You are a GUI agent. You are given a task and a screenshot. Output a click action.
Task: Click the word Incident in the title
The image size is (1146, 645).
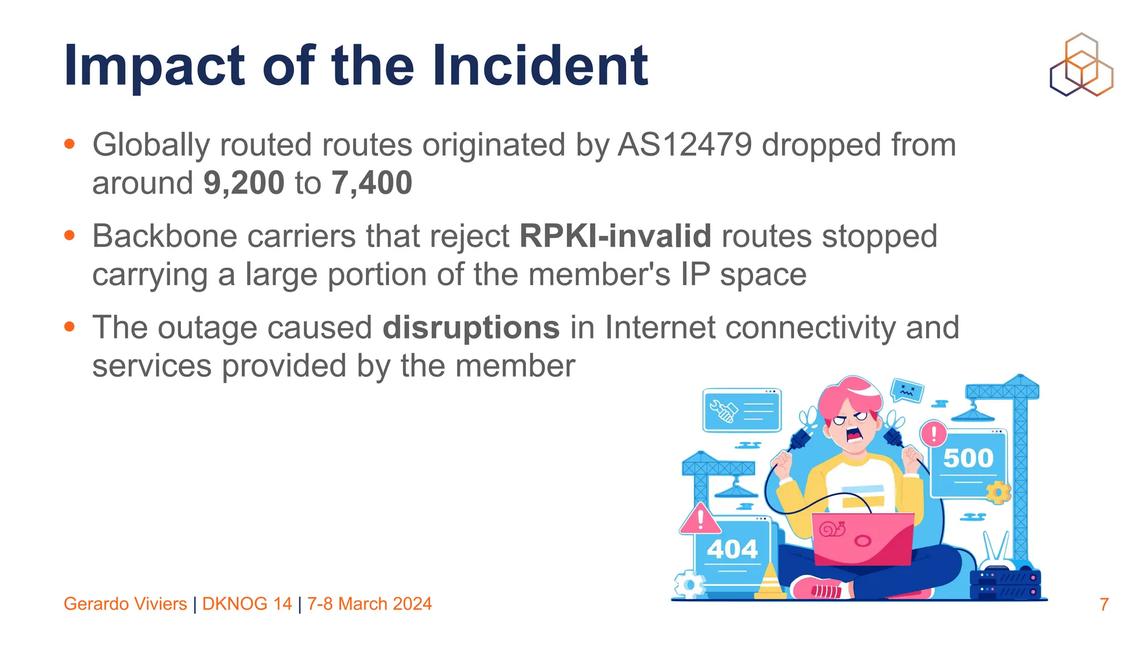point(540,66)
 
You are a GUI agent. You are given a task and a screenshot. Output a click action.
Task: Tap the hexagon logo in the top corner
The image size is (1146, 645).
point(1081,65)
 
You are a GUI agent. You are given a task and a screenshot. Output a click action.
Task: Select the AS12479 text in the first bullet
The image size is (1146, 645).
point(684,145)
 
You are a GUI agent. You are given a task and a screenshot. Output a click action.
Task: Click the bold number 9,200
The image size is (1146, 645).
point(244,183)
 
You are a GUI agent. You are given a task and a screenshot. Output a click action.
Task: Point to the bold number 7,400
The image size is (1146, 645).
point(372,183)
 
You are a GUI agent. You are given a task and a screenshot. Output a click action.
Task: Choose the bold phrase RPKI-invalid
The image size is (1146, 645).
point(616,236)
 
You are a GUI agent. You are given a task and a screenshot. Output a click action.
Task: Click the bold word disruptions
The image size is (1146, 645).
point(471,328)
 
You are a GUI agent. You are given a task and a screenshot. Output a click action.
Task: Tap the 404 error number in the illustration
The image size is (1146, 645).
point(732,549)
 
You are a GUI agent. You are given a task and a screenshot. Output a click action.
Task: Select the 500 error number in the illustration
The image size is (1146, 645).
point(968,458)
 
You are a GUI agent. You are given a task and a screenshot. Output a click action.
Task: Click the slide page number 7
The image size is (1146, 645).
point(1103,604)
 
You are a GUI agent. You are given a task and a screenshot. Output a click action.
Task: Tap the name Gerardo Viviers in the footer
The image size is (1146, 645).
point(125,604)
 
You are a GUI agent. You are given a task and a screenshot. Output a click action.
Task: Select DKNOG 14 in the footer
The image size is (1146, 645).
point(247,604)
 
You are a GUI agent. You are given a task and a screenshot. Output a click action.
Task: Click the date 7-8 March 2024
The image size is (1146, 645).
point(369,604)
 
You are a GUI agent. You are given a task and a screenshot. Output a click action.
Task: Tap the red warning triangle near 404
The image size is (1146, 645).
point(700,520)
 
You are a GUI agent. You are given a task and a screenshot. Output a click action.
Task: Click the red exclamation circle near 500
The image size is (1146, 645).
point(933,433)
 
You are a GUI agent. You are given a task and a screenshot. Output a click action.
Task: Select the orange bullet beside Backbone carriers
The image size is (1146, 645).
point(69,236)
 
